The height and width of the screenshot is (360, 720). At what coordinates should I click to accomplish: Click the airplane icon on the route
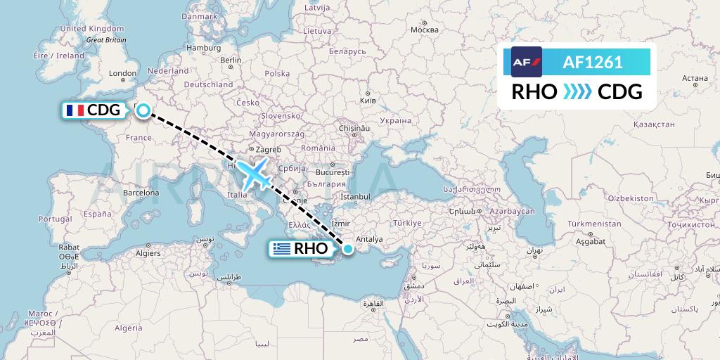(x=254, y=174)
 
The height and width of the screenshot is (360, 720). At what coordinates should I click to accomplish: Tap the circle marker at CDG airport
(x=143, y=110)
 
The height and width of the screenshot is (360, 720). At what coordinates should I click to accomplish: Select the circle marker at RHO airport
(x=347, y=247)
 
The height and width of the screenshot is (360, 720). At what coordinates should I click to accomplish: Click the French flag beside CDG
(x=74, y=110)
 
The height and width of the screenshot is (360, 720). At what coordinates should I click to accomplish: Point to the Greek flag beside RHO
(x=281, y=248)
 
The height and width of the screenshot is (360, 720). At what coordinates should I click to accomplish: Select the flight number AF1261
(x=593, y=63)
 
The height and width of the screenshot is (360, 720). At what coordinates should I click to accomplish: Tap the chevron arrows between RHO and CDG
(x=577, y=92)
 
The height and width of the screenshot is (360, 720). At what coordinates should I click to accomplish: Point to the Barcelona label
(x=141, y=192)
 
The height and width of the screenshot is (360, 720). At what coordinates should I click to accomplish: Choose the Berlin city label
(x=231, y=60)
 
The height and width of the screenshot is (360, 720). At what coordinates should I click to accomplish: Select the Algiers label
(x=148, y=252)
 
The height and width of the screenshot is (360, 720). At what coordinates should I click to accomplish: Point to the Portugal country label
(x=56, y=219)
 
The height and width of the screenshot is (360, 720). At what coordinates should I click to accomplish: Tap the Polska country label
(x=278, y=73)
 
